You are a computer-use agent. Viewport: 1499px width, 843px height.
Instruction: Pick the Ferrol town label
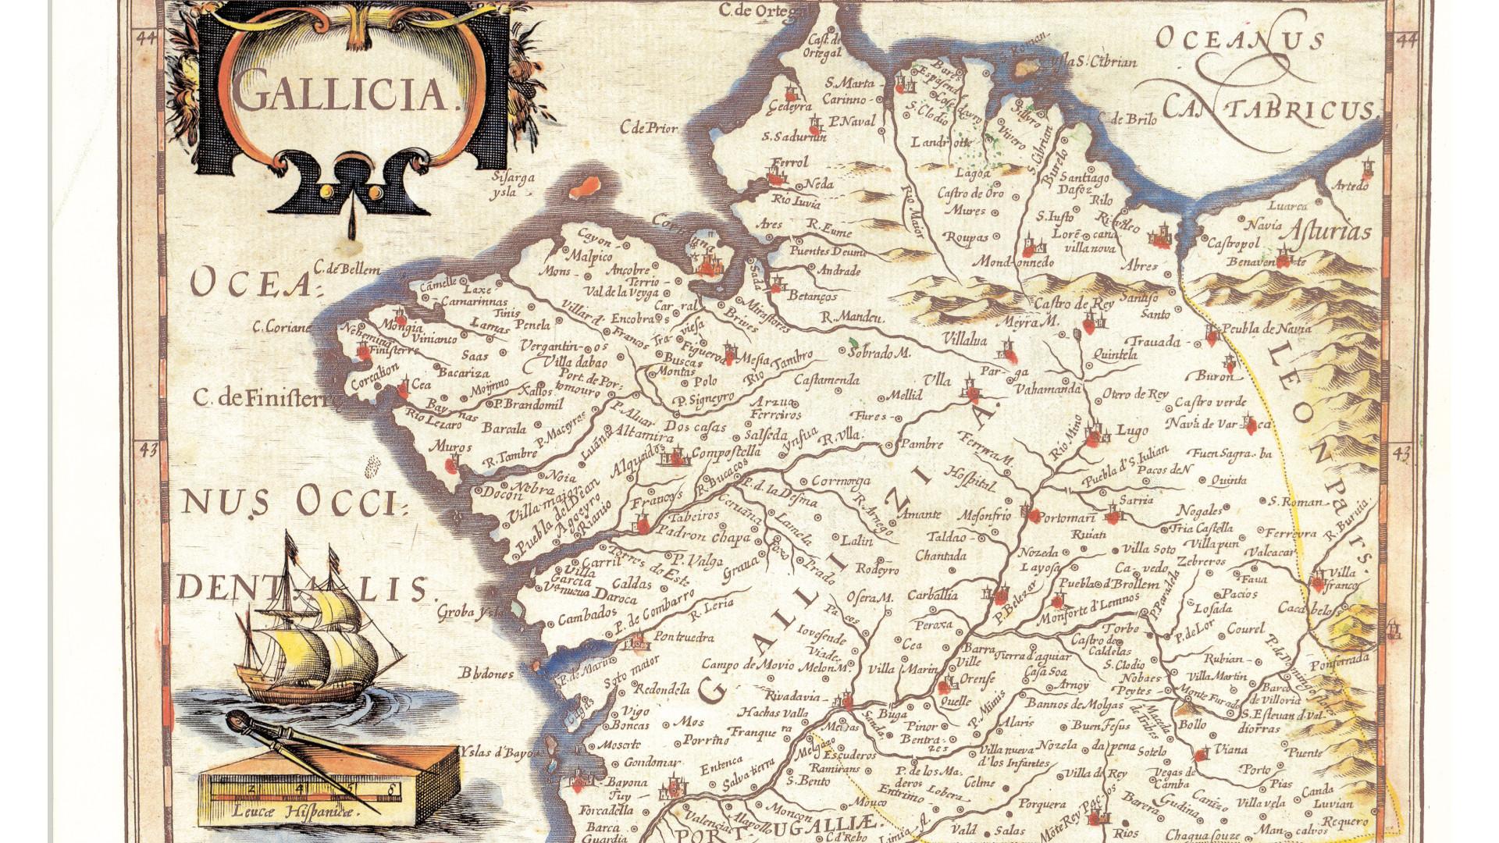coord(789,162)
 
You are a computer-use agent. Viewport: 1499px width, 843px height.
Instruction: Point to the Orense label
coord(977,679)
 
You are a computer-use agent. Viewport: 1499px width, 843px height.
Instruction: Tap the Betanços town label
coord(813,297)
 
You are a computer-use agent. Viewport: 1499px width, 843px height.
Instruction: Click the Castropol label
coord(1234,244)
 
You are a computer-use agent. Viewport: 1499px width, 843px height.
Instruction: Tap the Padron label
coord(683,536)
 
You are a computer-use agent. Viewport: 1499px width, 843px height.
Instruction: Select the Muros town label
coord(453,447)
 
